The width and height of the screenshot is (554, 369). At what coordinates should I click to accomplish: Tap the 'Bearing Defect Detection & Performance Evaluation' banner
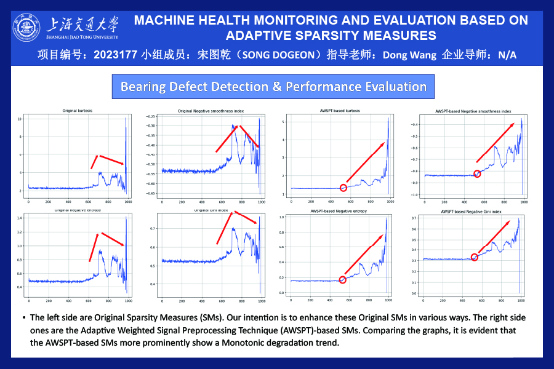pos(273,86)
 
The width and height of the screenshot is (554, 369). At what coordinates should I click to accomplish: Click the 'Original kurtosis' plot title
pos(78,111)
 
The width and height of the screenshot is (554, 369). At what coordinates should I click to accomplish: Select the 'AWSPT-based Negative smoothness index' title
pos(473,112)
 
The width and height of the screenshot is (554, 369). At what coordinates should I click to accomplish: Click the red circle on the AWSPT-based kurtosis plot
pos(343,188)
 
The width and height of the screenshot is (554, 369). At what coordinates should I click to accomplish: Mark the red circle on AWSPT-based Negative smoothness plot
pos(476,174)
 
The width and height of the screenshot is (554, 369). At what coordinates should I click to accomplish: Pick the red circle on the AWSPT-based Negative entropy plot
pos(342,280)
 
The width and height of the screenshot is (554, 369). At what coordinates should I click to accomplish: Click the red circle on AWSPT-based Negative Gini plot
pos(475,257)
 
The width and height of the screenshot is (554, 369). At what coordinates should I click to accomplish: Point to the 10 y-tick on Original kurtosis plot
pos(19,118)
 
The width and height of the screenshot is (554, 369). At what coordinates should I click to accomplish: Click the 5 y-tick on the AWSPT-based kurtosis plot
pos(284,122)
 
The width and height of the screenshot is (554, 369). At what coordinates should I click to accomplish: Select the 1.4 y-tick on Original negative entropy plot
pos(19,218)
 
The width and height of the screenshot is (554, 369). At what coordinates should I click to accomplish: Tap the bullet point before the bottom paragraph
pos(23,318)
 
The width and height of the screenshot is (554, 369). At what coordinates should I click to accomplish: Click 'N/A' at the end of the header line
pos(507,55)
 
